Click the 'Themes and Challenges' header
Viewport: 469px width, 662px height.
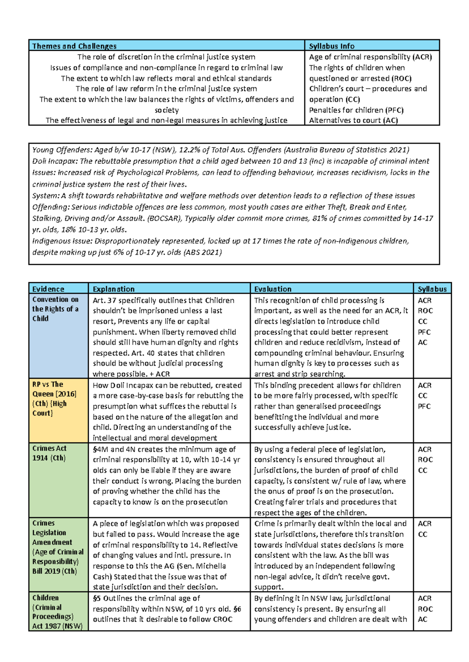(74, 46)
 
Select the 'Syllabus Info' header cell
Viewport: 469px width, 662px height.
(331, 46)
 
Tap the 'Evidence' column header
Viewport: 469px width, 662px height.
(48, 289)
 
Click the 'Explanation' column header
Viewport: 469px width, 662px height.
(113, 289)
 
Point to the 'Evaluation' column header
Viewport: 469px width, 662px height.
(273, 289)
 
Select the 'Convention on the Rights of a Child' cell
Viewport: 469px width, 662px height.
(55, 309)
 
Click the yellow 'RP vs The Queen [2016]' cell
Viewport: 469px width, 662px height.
(54, 399)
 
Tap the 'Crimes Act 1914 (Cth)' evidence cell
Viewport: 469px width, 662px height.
(49, 453)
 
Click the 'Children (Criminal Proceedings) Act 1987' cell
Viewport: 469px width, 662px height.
(57, 612)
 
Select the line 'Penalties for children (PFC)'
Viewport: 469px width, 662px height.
(356, 110)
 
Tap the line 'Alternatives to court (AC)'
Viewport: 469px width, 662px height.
(353, 120)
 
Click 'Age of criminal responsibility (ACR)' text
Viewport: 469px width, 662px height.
(370, 57)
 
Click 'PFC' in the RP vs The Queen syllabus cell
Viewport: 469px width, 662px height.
(424, 406)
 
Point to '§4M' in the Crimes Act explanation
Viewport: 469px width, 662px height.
(100, 449)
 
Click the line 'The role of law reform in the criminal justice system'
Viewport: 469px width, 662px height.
(166, 89)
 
